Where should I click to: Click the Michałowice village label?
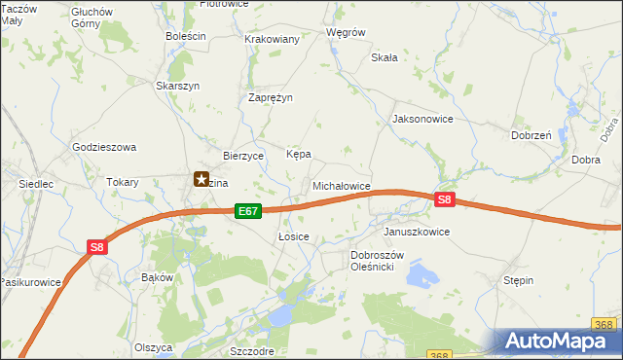point(341,185)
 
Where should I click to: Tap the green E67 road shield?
point(248,210)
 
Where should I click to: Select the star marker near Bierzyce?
point(202,179)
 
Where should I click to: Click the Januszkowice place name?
point(417,233)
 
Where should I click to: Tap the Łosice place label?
point(293,236)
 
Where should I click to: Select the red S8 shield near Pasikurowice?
point(97,247)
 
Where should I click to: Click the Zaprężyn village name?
point(271,97)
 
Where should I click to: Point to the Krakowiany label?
point(272,39)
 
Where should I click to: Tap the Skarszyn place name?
point(178,86)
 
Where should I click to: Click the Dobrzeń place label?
point(531,136)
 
